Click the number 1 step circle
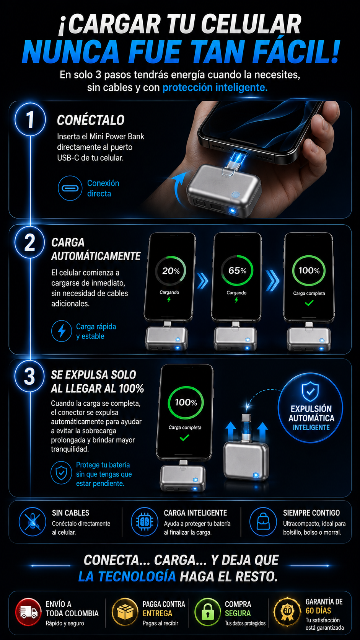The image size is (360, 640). pos(30,119)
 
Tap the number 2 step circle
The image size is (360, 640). pos(30,243)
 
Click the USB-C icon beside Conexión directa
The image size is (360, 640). pos(70,188)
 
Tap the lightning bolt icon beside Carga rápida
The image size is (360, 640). pos(61,331)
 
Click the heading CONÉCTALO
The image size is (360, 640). pos(91,120)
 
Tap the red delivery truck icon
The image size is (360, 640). pos(28,612)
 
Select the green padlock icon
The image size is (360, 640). pos(208,612)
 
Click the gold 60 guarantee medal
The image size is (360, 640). pos(287,612)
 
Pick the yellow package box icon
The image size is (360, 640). pos(125,612)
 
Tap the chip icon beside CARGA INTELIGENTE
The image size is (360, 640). pos(145,522)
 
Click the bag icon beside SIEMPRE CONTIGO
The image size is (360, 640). pos(263,522)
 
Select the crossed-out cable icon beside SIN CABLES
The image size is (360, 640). pos(33,522)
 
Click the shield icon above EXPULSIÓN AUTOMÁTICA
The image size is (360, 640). pos(310,391)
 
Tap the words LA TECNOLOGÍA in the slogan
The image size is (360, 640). pos(127,576)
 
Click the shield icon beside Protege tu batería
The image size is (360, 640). pos(61,473)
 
